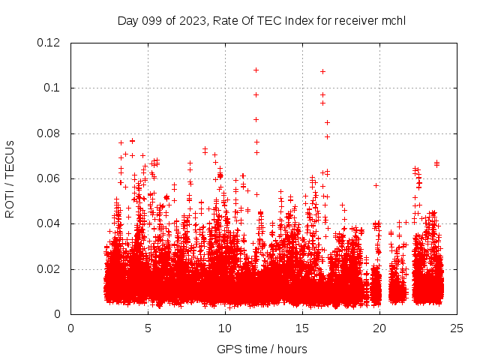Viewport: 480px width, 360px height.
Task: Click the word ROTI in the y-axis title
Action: [x=10, y=203]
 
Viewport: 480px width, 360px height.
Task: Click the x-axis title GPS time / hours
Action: [x=262, y=349]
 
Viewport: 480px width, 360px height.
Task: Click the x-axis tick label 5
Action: [x=148, y=328]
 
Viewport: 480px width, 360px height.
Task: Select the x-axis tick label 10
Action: [x=225, y=328]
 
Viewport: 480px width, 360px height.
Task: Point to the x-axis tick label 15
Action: [x=302, y=328]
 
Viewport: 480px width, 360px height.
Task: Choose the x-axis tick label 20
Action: [x=379, y=328]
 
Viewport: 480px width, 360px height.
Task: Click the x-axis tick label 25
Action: [x=457, y=328]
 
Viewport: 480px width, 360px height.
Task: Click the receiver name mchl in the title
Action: [x=394, y=20]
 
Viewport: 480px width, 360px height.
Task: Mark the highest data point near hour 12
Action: [x=256, y=70]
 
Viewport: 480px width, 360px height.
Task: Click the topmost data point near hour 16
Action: [x=322, y=71]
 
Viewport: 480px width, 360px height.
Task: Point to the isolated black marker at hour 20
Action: [x=376, y=185]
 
